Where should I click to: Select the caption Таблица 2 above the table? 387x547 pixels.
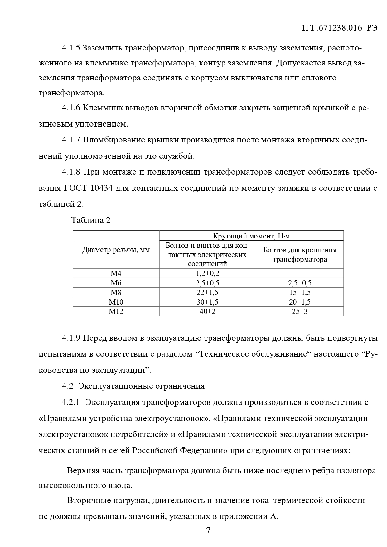pos(91,220)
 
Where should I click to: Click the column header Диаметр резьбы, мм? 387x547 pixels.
pos(116,250)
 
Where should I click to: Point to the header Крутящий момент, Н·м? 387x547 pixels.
pos(251,236)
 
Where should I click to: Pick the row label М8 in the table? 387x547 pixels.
pos(116,292)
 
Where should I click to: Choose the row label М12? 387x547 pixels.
pos(116,311)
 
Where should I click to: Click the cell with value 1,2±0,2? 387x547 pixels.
pos(207,274)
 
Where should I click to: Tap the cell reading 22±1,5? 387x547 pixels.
pos(207,292)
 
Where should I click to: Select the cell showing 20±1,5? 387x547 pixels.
pos(300,302)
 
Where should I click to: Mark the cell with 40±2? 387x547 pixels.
pos(207,311)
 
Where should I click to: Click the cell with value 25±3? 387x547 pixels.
pos(300,311)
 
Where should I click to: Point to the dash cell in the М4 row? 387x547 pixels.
pos(300,274)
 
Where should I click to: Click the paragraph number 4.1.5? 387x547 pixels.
pos(71,48)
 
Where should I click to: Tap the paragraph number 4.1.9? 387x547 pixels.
pos(71,338)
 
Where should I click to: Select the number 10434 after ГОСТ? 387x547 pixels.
pos(102,188)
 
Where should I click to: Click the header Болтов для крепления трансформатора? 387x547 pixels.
pos(300,255)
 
